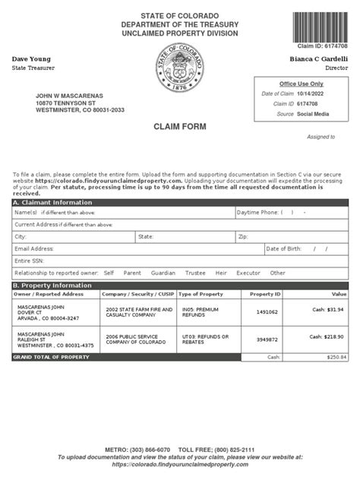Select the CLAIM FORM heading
click(x=180, y=127)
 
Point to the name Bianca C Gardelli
click(x=319, y=59)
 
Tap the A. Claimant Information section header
click(x=52, y=203)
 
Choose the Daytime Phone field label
click(x=257, y=213)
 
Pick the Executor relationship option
click(x=248, y=273)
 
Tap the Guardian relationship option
click(x=163, y=273)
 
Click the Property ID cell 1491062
click(x=265, y=311)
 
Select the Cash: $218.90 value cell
click(x=328, y=336)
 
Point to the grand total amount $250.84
click(x=336, y=357)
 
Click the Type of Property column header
click(x=201, y=294)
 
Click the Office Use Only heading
click(x=301, y=84)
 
